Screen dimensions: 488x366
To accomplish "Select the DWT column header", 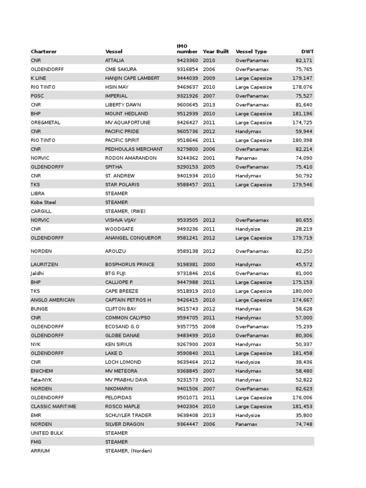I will point(307,51).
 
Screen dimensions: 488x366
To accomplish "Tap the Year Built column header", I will point(216,51).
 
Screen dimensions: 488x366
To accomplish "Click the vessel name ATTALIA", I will point(114,61).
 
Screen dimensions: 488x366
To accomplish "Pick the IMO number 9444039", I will point(187,78).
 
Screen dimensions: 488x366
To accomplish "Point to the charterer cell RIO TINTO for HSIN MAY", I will point(43,87).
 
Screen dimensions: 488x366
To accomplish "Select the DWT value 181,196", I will point(303,114).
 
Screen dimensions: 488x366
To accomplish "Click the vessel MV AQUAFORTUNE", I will point(128,122).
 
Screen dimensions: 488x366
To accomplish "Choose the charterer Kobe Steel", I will point(43,203).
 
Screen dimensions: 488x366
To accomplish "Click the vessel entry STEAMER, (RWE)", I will point(125,211).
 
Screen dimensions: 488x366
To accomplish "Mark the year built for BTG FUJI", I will point(209,274).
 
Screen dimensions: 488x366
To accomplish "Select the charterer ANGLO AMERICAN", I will point(52,300).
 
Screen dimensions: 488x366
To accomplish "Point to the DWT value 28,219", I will point(304,229).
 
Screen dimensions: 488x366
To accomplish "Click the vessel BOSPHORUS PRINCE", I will point(130,264).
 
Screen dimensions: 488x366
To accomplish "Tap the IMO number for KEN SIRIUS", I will point(187,345).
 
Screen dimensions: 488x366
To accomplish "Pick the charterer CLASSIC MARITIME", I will point(53,407).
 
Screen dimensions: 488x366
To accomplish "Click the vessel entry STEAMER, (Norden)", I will point(128,451).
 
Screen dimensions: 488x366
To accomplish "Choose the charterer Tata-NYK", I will point(41,380).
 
